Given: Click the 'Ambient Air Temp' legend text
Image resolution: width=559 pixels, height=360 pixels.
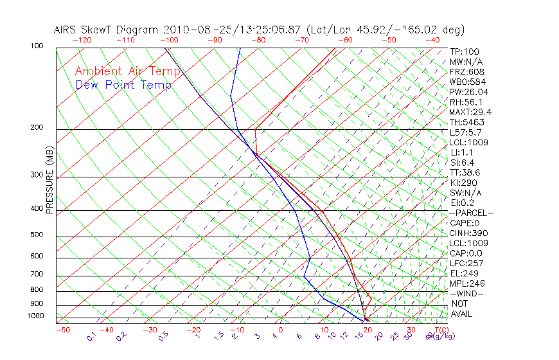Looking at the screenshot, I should coord(127,71).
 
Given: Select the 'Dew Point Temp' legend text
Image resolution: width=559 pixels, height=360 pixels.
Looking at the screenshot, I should coord(123,85).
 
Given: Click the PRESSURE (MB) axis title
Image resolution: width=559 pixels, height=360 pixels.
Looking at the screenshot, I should coord(49,180).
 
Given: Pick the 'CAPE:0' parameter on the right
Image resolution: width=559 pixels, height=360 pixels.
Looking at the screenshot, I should coord(465,223).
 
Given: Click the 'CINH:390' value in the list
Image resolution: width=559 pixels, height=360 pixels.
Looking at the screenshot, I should coord(467,233).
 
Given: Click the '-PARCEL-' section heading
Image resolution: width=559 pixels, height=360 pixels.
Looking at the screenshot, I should coord(471,213).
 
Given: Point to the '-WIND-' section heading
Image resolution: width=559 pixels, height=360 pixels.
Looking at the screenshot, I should coord(466,293).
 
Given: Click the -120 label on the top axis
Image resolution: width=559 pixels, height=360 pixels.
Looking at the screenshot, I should coord(82,40).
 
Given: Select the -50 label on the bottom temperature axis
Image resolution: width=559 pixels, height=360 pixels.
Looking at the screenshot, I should coord(62,330).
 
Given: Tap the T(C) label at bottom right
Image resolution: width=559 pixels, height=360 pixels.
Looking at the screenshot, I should coord(438,330).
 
